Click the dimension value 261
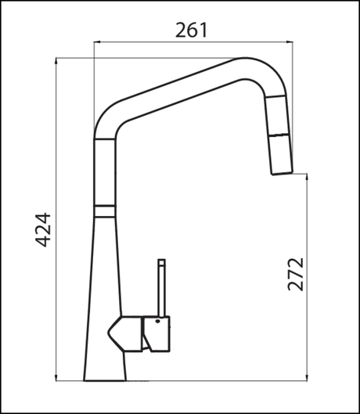coord(191,31)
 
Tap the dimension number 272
coord(295,273)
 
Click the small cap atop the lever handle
coord(162,262)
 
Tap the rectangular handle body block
coord(157,333)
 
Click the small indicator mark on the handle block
coord(157,322)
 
